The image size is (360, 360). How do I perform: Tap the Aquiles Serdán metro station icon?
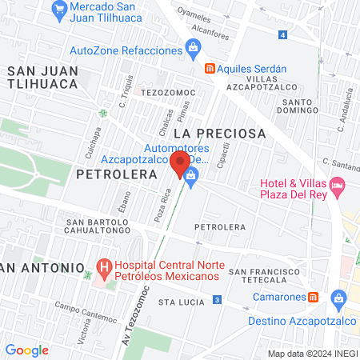(x=210, y=69)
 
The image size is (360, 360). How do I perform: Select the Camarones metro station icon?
(x=314, y=297)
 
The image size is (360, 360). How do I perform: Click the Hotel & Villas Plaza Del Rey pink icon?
(x=338, y=189)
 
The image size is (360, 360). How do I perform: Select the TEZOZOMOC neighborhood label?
(x=163, y=93)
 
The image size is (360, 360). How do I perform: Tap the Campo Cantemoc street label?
(x=81, y=311)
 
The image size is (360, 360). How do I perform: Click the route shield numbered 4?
(x=283, y=34)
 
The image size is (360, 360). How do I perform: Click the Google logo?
(x=26, y=350)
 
